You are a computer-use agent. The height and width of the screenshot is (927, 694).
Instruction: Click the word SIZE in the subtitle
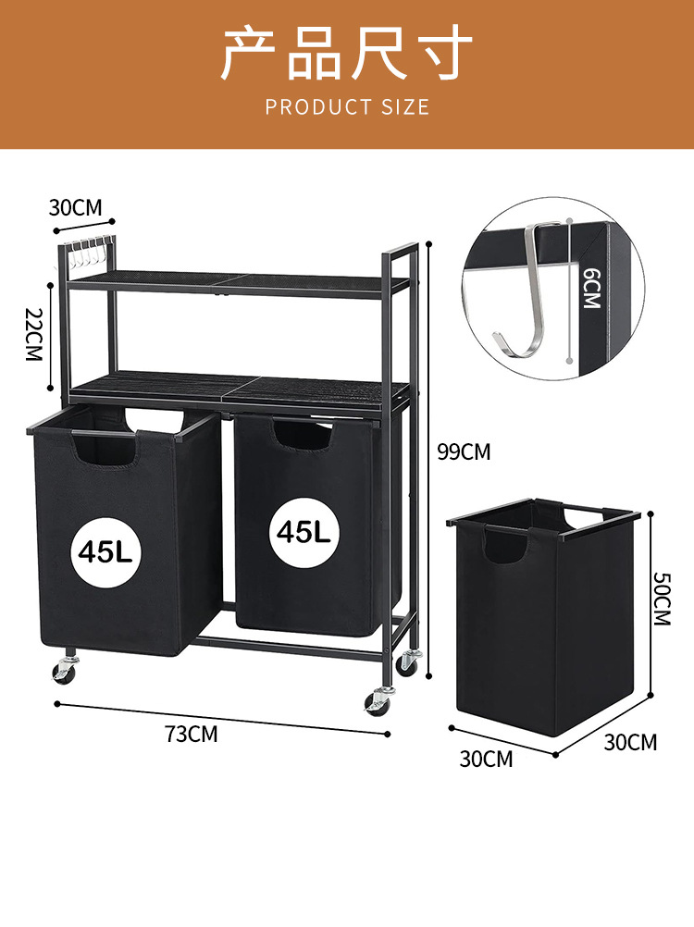coord(405,107)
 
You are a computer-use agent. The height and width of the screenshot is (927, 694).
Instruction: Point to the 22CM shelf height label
coord(34,335)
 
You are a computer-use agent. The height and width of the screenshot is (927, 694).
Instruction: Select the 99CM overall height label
coord(464,451)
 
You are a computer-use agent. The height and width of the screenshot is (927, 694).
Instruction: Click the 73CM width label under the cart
coord(191,734)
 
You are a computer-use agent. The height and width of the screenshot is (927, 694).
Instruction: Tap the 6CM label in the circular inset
coord(591,288)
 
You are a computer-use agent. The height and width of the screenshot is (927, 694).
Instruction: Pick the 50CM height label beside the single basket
coord(663,599)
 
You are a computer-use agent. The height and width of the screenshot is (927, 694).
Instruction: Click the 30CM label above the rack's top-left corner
coord(75,207)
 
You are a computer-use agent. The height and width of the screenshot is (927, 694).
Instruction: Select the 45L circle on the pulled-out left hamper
coord(105,552)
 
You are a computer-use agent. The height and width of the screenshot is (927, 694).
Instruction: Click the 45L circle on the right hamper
coord(304,532)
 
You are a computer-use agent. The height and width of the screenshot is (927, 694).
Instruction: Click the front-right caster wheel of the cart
coord(378,702)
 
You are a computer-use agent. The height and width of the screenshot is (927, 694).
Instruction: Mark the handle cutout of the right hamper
coord(303,435)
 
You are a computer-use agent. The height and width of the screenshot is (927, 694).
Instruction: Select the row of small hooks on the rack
coord(89,252)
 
